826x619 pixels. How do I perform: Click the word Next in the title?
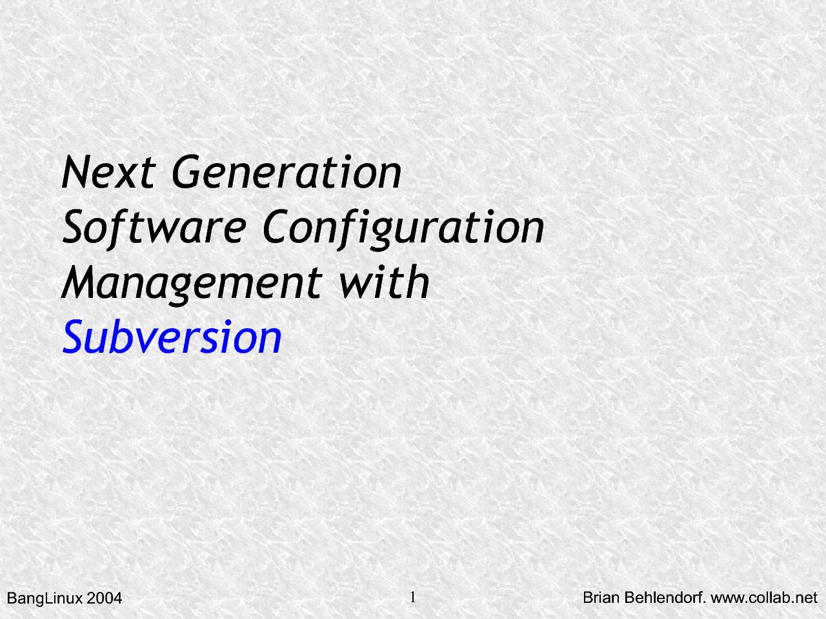pyautogui.click(x=108, y=172)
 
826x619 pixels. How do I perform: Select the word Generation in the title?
pyautogui.click(x=287, y=172)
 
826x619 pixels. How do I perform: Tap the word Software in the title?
pyautogui.click(x=154, y=228)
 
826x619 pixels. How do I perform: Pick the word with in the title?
pyautogui.click(x=384, y=282)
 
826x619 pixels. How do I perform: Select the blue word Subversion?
pyautogui.click(x=172, y=337)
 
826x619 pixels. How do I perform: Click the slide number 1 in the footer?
pyautogui.click(x=413, y=596)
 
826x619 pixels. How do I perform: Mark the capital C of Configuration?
pyautogui.click(x=276, y=226)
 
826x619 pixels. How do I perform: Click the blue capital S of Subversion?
pyautogui.click(x=73, y=337)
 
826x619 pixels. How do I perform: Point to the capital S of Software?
pyautogui.click(x=73, y=226)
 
